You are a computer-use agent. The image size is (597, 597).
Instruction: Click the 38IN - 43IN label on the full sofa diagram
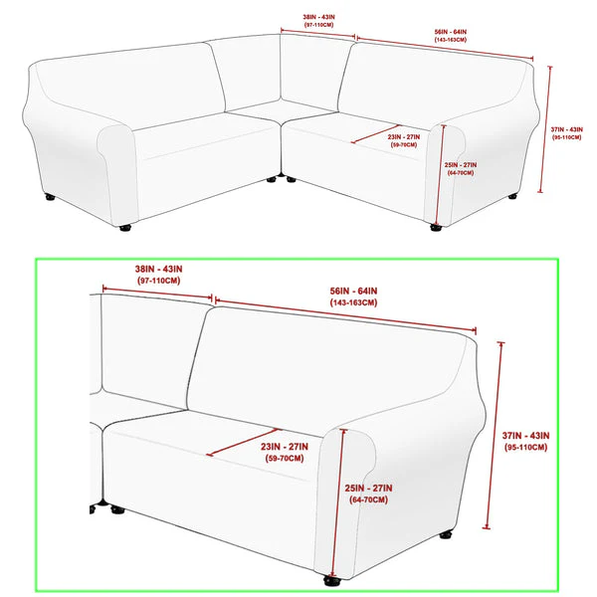coord(318,17)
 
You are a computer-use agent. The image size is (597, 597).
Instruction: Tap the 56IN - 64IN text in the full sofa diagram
coord(451,32)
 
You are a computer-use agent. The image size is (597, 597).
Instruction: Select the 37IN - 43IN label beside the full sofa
coord(566,129)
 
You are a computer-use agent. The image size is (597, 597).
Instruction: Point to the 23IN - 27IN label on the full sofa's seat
coord(404,136)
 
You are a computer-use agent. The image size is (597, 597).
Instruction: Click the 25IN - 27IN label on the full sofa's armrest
coord(461,165)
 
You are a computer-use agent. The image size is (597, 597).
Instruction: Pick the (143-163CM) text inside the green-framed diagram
coord(353,302)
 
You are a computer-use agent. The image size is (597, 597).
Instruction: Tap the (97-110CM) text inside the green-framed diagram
coord(159,281)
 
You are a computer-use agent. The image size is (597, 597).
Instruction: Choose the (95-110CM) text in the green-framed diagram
coord(525,448)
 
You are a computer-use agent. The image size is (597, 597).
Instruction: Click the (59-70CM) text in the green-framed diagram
coord(285,458)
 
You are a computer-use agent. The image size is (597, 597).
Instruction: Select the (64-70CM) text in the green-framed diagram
coord(368,499)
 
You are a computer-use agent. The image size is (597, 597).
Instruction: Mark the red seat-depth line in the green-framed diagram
coord(244,442)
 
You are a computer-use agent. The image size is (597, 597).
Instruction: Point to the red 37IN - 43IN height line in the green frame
coord(494,436)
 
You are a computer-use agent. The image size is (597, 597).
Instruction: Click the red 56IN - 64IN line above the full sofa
coord(445,49)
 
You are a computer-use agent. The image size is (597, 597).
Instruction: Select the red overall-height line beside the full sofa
coord(545,129)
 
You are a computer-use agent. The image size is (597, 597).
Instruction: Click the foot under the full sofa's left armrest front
coord(125,228)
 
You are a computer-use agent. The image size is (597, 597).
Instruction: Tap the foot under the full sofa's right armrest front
coord(436,228)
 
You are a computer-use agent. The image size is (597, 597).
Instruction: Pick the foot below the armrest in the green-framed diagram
coord(331,581)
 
